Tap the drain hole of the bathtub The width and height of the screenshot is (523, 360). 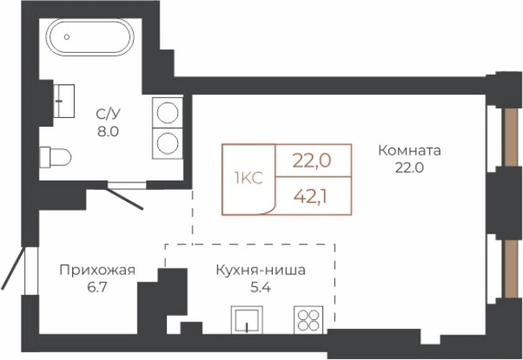[67, 37]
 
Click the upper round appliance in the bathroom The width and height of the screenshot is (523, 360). [168, 111]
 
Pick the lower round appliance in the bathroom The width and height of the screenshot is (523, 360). [168, 144]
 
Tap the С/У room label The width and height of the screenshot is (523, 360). [107, 115]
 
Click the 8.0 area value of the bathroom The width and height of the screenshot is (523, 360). [107, 131]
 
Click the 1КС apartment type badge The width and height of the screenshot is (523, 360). [248, 178]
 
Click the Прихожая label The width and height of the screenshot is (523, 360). [97, 270]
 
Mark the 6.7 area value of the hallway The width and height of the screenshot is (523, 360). [97, 286]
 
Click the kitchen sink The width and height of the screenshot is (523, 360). [248, 319]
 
